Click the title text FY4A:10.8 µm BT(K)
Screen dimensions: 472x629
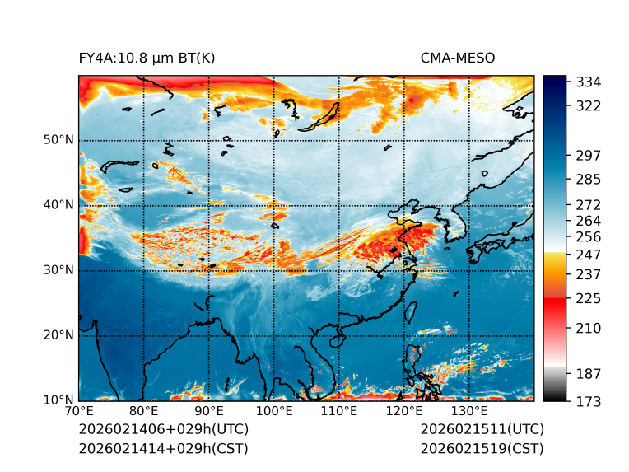click(147, 58)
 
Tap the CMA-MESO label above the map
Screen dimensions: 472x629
click(457, 58)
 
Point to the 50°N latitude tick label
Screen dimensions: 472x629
click(58, 140)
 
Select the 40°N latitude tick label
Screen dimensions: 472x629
click(58, 205)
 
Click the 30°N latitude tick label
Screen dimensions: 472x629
click(58, 270)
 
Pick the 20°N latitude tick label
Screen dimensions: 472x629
click(58, 335)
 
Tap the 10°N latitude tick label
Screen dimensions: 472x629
click(58, 400)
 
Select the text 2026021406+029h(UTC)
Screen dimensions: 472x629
click(163, 430)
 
